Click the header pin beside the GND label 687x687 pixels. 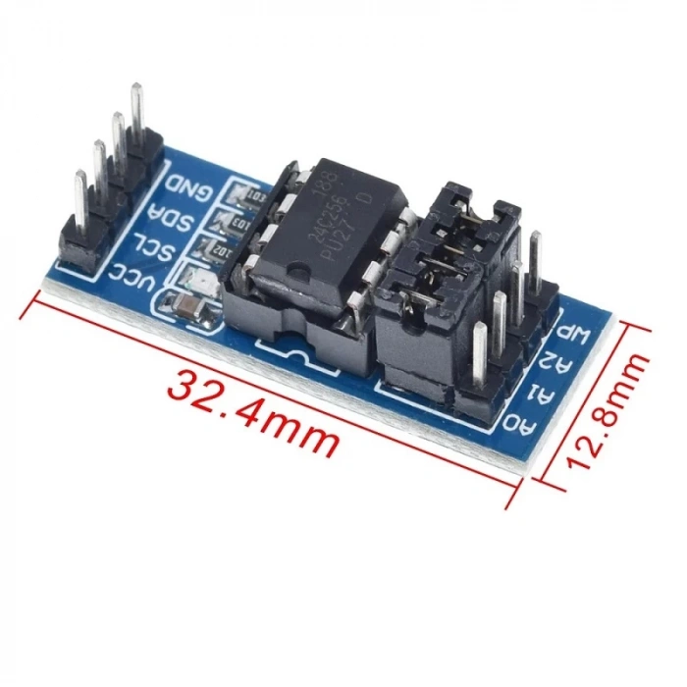(135, 113)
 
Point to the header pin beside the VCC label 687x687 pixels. (78, 201)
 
